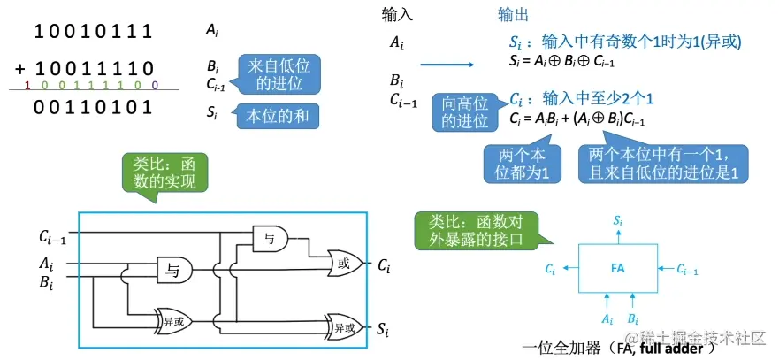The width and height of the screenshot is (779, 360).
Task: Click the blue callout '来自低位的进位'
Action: pyautogui.click(x=279, y=74)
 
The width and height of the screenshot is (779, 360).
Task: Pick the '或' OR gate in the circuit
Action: pyautogui.click(x=344, y=263)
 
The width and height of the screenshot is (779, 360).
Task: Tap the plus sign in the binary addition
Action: pyautogui.click(x=20, y=68)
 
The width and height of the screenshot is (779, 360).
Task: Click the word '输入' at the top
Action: pyautogui.click(x=397, y=15)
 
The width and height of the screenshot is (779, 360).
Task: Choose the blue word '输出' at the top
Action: pyautogui.click(x=514, y=15)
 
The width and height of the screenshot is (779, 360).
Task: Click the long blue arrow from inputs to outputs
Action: pyautogui.click(x=451, y=64)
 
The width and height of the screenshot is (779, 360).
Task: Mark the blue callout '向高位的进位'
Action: pyautogui.click(x=465, y=112)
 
